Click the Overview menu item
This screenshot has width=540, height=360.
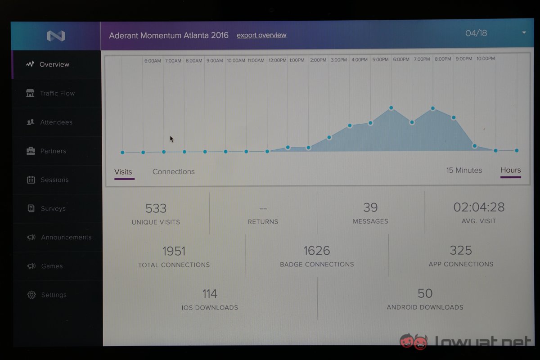[x=54, y=64]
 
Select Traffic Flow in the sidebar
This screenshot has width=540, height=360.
[x=57, y=93]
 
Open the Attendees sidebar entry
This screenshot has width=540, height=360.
[x=56, y=122]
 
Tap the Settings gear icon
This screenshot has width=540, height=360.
[x=31, y=295]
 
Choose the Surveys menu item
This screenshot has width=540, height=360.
[x=53, y=208]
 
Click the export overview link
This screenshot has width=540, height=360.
[x=261, y=35]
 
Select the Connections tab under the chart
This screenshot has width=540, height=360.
[x=173, y=171]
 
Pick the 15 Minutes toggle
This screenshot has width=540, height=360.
[x=464, y=170]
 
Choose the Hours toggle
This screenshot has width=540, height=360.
[x=510, y=170]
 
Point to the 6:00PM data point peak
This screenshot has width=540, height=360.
[x=391, y=108]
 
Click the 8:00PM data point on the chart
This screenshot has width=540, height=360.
[x=432, y=108]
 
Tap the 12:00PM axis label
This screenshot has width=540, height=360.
[x=277, y=60]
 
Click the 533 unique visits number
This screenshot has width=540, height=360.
[x=156, y=208]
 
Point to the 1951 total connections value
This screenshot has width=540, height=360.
[x=174, y=251]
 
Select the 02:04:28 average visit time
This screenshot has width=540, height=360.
[x=478, y=207]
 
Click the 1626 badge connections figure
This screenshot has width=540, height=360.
[x=316, y=251]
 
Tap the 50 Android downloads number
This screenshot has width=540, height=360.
[x=425, y=293]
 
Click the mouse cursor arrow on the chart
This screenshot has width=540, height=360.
[x=171, y=139]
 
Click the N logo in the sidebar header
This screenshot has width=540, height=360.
[x=56, y=36]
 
